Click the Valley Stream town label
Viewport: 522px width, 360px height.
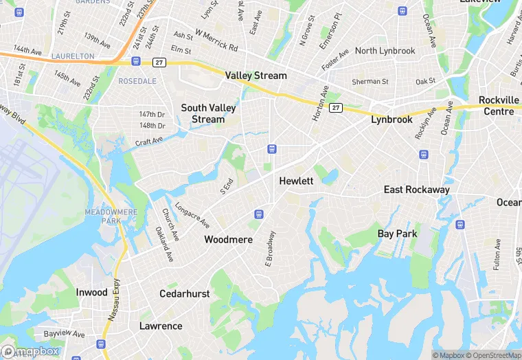click(x=256, y=76)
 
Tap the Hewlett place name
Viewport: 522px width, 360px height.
click(x=296, y=181)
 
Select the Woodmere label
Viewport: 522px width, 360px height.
click(x=228, y=240)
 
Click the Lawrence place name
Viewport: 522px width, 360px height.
click(x=161, y=326)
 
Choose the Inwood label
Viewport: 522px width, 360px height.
click(x=91, y=293)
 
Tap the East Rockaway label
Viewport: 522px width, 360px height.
click(x=416, y=190)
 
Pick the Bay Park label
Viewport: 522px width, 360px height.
click(x=397, y=234)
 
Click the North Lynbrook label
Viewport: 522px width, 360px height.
click(x=385, y=51)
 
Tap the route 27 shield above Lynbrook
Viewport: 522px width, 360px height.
click(x=335, y=108)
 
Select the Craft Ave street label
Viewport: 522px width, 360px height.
click(x=148, y=141)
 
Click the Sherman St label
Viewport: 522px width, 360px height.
click(x=370, y=82)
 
